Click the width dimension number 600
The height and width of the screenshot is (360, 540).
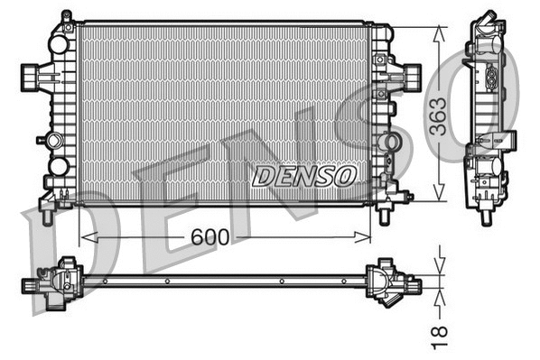210,236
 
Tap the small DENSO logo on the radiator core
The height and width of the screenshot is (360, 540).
303,175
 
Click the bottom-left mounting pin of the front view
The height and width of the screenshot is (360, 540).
46,215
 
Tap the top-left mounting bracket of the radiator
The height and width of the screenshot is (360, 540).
65,20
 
